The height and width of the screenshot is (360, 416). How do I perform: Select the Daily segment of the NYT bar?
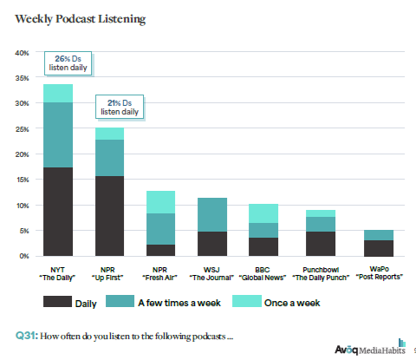point(58,212)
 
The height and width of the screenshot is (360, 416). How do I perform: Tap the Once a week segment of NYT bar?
point(58,93)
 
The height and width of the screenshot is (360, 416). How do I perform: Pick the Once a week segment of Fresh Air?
point(159,202)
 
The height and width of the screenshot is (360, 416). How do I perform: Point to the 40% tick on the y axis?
point(23,53)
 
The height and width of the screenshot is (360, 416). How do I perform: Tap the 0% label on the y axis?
point(24,257)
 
